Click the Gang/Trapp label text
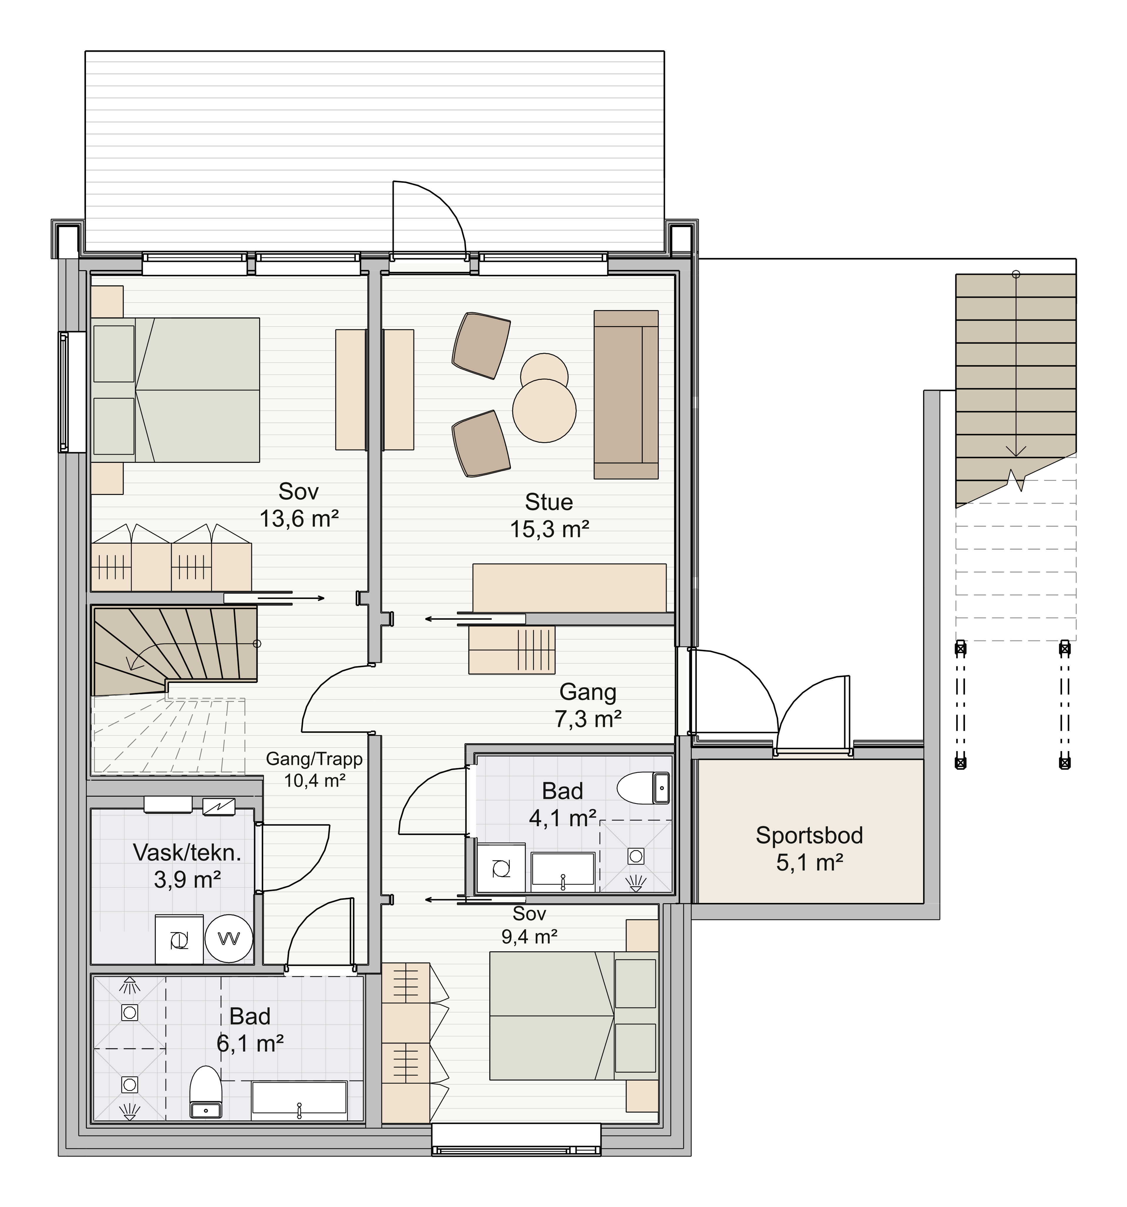(x=315, y=759)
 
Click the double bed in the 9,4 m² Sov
(x=574, y=1016)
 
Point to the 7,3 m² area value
(x=588, y=719)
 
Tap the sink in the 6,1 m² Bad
(x=299, y=1100)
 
